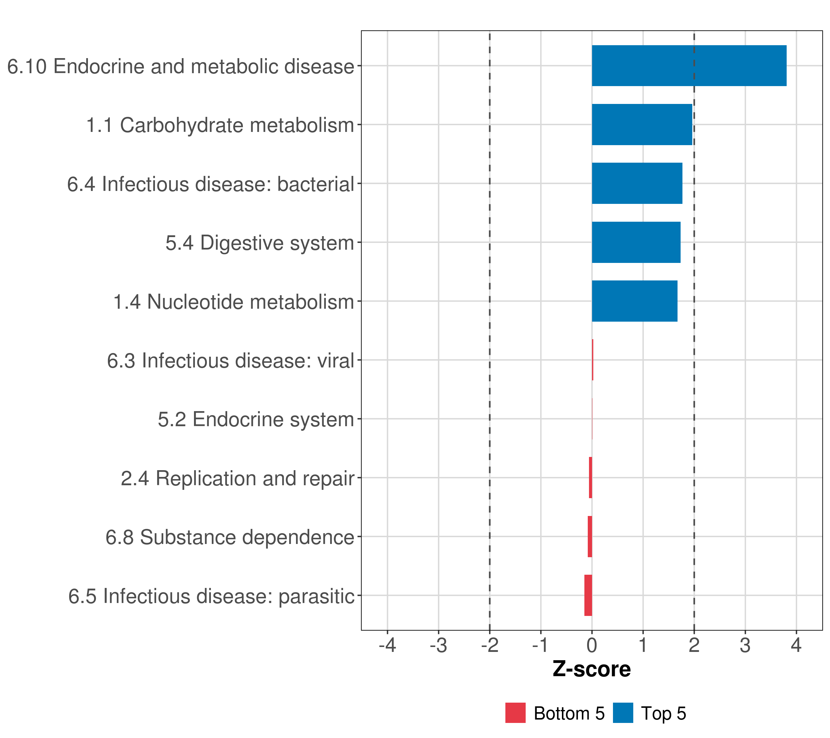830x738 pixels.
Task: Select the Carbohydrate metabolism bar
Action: pos(642,125)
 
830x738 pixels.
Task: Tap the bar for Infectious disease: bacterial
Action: pos(637,183)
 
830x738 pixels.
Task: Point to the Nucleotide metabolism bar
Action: pos(634,301)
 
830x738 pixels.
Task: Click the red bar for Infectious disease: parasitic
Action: pos(588,595)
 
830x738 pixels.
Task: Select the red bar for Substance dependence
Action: pos(590,537)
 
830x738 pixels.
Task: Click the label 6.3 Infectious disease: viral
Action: pos(230,361)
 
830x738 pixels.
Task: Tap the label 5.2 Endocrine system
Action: pos(256,419)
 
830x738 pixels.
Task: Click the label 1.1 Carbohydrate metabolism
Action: pos(220,125)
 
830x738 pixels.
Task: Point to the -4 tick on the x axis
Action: pos(387,645)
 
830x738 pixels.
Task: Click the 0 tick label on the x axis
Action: pos(592,645)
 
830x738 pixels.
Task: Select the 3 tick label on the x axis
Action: pos(745,645)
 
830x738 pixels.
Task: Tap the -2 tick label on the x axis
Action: pos(489,645)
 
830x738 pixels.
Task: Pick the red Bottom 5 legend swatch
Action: pos(515,713)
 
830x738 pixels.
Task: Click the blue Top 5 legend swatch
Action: pos(623,713)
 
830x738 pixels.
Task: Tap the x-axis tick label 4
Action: pos(796,645)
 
